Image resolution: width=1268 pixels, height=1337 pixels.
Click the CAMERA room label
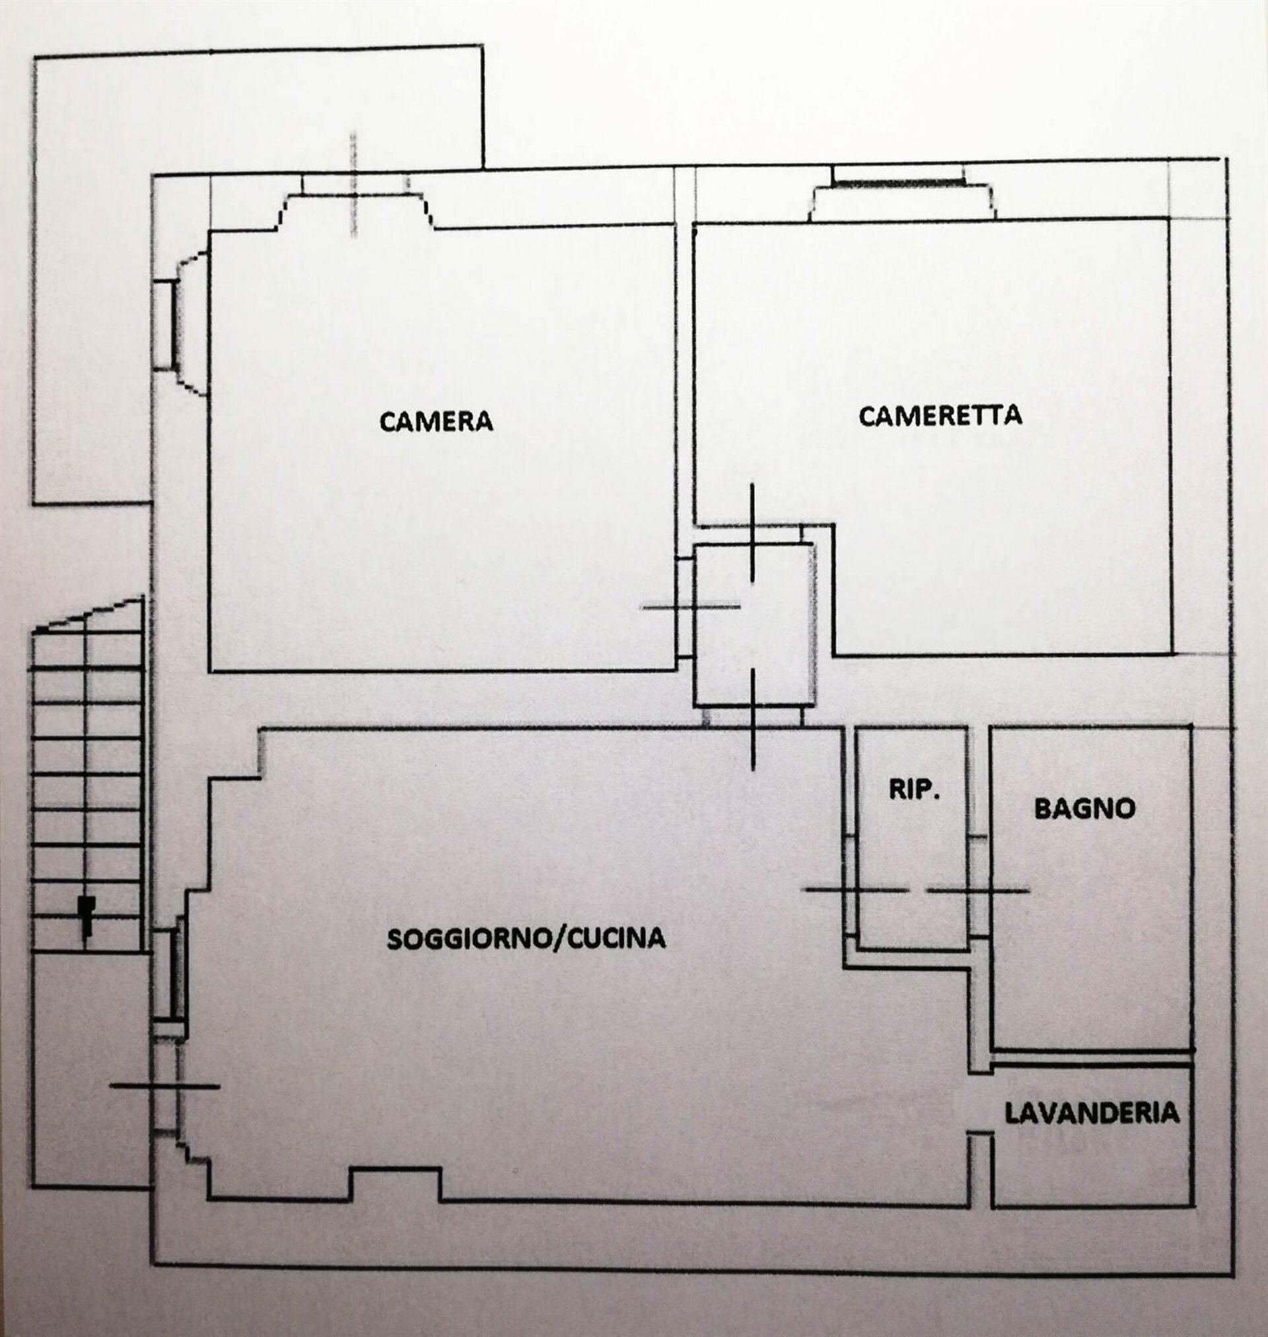tap(436, 421)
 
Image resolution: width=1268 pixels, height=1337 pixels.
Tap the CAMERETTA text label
tap(940, 415)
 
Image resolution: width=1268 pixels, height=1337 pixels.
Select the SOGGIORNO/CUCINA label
tap(526, 938)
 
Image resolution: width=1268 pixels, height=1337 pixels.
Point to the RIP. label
tap(914, 790)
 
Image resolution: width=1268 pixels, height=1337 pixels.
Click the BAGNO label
tap(1085, 809)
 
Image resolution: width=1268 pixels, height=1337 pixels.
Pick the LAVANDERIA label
tap(1092, 1112)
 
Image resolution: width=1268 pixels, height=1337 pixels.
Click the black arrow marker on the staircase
tap(85, 917)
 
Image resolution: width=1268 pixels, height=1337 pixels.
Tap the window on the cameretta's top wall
tap(899, 182)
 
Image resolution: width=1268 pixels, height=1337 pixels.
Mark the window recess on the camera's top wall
tap(355, 203)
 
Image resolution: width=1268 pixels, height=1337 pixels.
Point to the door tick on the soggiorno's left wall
tap(165, 1086)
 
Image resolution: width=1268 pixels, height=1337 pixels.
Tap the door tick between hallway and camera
tap(690, 607)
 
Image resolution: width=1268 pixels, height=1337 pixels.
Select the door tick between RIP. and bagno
tap(978, 891)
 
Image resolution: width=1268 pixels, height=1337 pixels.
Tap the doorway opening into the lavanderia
tap(982, 1102)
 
